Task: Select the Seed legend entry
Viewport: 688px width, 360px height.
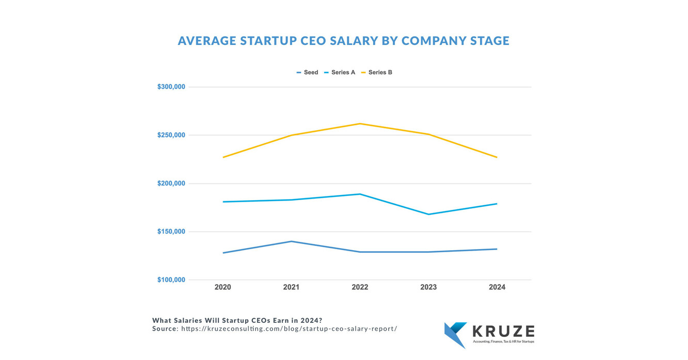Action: pos(308,73)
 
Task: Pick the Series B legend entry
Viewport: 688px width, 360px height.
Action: pos(376,73)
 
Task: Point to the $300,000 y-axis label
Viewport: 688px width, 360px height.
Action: pos(171,87)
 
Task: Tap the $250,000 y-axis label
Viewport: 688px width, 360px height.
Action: pos(171,135)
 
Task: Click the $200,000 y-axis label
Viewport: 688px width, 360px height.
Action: pos(171,184)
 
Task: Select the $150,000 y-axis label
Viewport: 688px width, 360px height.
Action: pos(171,232)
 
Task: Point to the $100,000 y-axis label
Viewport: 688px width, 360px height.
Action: pos(171,280)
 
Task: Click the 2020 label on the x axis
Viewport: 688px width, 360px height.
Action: pos(223,287)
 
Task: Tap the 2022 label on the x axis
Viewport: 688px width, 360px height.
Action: pos(360,287)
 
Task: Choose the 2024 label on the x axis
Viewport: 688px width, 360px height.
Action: pos(497,287)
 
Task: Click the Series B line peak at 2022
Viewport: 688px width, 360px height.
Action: pos(360,124)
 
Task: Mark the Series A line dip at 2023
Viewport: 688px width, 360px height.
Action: pos(428,214)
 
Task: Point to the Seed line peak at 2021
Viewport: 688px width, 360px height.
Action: pos(292,241)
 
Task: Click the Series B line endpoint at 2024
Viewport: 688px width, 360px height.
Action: pos(497,157)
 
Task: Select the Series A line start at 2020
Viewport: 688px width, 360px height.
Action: pos(223,202)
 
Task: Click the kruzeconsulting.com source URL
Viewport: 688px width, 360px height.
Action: pos(289,329)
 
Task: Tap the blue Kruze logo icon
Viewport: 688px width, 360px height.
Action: pos(455,335)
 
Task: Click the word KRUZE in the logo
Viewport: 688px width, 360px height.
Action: pos(503,332)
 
